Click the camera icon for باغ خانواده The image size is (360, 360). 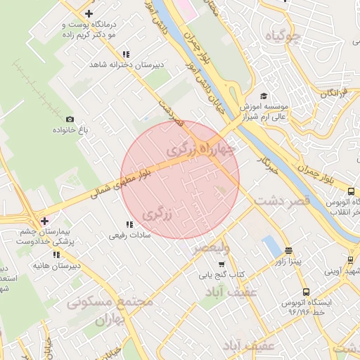(70, 120)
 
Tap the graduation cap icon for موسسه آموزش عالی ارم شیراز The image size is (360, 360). (264, 96)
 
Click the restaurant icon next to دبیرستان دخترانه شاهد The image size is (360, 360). (126, 54)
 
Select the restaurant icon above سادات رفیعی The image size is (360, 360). (129, 224)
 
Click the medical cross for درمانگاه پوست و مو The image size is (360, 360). (88, 13)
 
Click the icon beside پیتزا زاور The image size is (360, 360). (288, 250)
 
